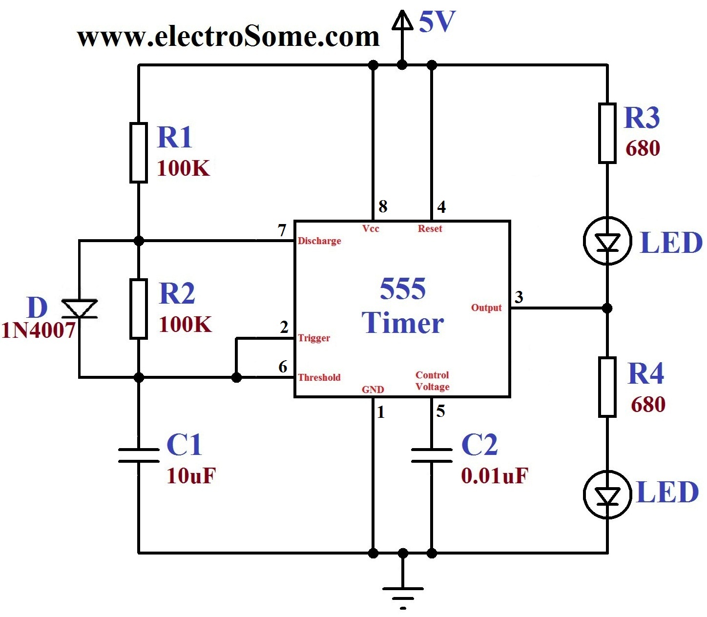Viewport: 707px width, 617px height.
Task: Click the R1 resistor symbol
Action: (139, 153)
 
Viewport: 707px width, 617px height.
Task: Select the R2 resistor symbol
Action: (139, 309)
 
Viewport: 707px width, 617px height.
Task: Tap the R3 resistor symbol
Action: (607, 133)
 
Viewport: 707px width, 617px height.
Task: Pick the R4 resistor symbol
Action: (607, 387)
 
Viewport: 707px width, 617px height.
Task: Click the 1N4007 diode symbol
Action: (80, 309)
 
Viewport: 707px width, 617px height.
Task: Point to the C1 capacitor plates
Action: (139, 455)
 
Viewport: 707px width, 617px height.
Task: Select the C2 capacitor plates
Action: (432, 455)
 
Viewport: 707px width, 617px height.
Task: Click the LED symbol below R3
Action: (607, 241)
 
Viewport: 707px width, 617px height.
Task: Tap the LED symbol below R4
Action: (607, 495)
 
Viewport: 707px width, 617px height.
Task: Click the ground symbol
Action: (403, 593)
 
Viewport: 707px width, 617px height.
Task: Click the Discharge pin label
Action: (319, 241)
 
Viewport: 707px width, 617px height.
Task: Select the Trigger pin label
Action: (314, 338)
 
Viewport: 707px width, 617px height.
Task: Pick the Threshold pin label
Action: (319, 377)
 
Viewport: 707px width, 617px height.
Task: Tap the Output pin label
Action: (486, 308)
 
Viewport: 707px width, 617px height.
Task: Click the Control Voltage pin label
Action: (433, 381)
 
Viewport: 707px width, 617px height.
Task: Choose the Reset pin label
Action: (430, 228)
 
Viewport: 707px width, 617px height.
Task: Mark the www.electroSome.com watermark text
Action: (228, 37)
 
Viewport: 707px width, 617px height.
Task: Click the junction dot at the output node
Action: (607, 308)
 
